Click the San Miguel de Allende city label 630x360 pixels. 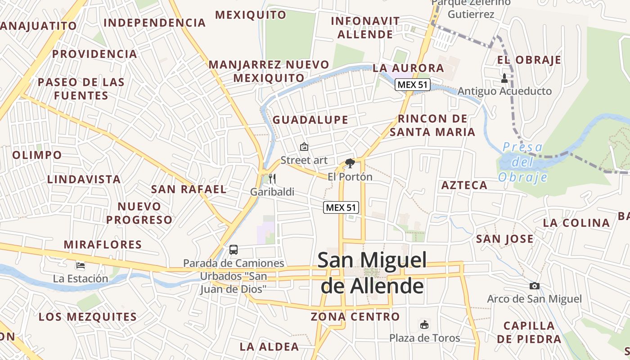tap(372, 273)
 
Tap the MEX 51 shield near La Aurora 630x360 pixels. tap(413, 85)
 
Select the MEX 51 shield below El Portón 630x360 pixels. tap(341, 207)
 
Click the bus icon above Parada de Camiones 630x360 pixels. tap(233, 249)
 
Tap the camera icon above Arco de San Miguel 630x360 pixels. tap(534, 286)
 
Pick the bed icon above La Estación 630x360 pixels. tap(81, 265)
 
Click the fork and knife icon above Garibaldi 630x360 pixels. tap(272, 179)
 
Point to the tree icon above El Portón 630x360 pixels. tap(350, 163)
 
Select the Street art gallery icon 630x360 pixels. tap(304, 147)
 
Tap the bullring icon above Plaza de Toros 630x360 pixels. tap(424, 324)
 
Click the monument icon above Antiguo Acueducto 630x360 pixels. tap(504, 78)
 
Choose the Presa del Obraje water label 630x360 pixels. tap(523, 162)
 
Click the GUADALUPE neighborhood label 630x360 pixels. tap(310, 120)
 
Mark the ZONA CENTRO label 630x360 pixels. tap(355, 317)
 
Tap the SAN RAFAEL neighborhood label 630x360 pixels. tap(189, 189)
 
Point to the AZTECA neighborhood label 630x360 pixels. tap(464, 185)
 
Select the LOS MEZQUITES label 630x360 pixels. tap(87, 317)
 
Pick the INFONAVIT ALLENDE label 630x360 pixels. tap(365, 27)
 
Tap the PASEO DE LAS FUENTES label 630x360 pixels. tap(81, 89)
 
